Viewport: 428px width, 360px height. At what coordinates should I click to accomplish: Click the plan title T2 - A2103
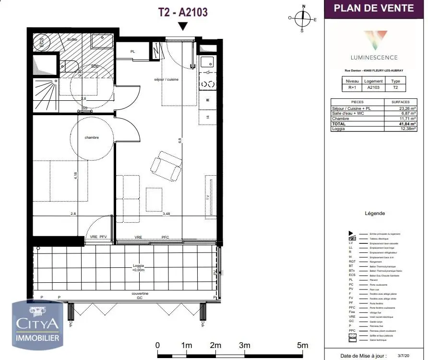click(x=183, y=12)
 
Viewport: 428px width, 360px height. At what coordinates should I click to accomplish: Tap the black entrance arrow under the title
click(x=182, y=27)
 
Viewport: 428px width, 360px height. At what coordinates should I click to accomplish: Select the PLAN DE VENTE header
click(x=373, y=8)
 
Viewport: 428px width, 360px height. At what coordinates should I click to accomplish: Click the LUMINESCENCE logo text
click(x=374, y=57)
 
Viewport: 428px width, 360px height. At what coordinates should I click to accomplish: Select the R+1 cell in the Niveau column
click(x=352, y=88)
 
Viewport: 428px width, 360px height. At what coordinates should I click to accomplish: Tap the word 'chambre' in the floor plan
click(x=92, y=138)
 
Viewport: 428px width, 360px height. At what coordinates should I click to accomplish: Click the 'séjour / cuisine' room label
click(x=166, y=79)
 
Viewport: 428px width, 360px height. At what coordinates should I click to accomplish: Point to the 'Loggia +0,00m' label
click(x=139, y=268)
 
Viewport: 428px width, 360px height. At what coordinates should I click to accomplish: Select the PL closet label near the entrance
click(x=133, y=51)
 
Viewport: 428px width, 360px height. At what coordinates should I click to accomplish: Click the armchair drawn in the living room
click(x=166, y=165)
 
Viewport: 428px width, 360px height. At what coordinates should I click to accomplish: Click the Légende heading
click(x=375, y=214)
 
